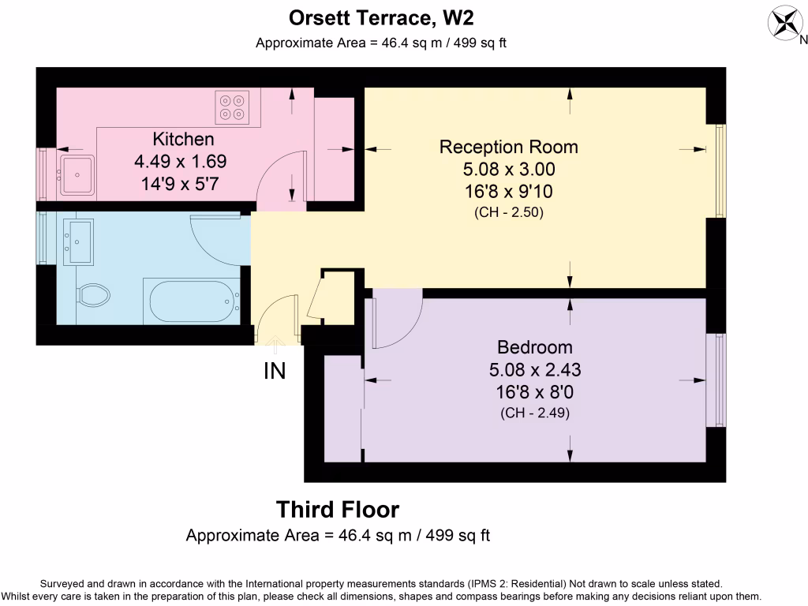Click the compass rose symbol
[x=786, y=23]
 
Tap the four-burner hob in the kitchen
[x=232, y=107]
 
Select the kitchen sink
[x=77, y=174]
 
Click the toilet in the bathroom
[x=94, y=295]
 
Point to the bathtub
[x=192, y=301]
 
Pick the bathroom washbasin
[x=78, y=241]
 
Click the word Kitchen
[x=183, y=139]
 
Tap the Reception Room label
[x=509, y=147]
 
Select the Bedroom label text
[x=535, y=347]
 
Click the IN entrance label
[x=275, y=371]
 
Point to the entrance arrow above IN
[x=275, y=345]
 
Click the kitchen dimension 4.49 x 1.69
[x=181, y=161]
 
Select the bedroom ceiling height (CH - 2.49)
[x=535, y=413]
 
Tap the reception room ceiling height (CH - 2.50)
[x=509, y=212]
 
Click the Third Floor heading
[x=338, y=510]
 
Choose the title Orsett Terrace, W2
[x=381, y=18]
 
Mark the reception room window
[x=721, y=170]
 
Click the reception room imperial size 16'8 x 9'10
[x=509, y=192]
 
